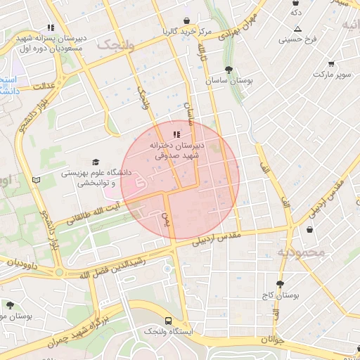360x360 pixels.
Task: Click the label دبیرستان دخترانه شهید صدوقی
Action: point(176,148)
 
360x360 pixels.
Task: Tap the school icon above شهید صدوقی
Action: point(176,134)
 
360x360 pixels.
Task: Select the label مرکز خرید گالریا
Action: point(186,32)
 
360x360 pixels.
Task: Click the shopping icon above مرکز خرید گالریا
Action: point(186,20)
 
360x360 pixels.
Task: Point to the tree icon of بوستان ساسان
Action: point(229,69)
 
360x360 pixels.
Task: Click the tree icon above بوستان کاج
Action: point(280,284)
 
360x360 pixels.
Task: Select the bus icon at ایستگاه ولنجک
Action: point(167,319)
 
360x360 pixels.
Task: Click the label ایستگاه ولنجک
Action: point(167,330)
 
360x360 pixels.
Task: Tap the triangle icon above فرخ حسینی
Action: point(297,29)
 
